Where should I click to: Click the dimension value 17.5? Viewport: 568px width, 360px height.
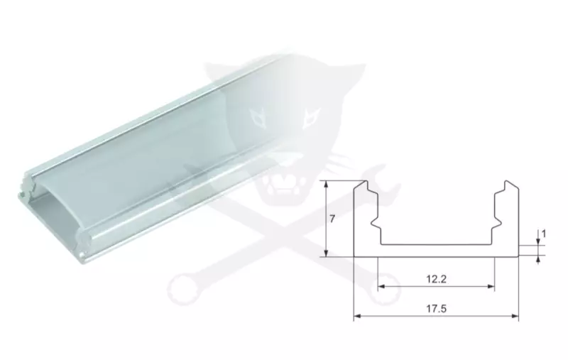pos(436,309)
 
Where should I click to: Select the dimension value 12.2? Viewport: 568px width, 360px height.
pos(436,279)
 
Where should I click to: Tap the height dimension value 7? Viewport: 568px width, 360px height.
pos(332,219)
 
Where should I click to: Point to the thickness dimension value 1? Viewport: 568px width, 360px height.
pos(543,234)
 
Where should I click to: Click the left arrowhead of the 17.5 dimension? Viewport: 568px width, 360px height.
pos(357,316)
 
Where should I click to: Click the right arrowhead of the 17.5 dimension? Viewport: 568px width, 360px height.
pos(515,316)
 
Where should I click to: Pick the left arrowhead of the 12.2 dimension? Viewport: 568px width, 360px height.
pos(381,286)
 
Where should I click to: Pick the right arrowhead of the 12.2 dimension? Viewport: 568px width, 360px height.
pos(491,286)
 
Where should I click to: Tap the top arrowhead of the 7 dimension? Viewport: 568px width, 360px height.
pos(327,185)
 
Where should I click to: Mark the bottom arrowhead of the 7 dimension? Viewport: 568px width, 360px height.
pos(327,253)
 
